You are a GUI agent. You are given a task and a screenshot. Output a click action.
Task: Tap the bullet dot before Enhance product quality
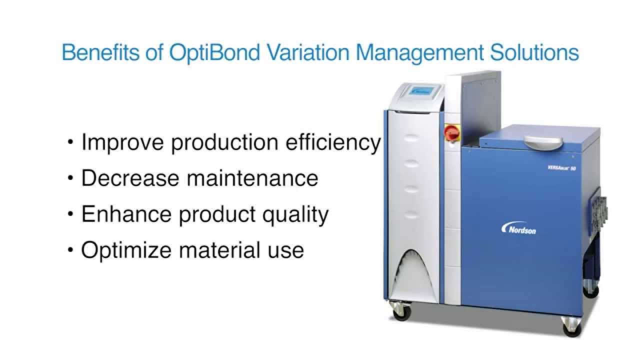70,214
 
